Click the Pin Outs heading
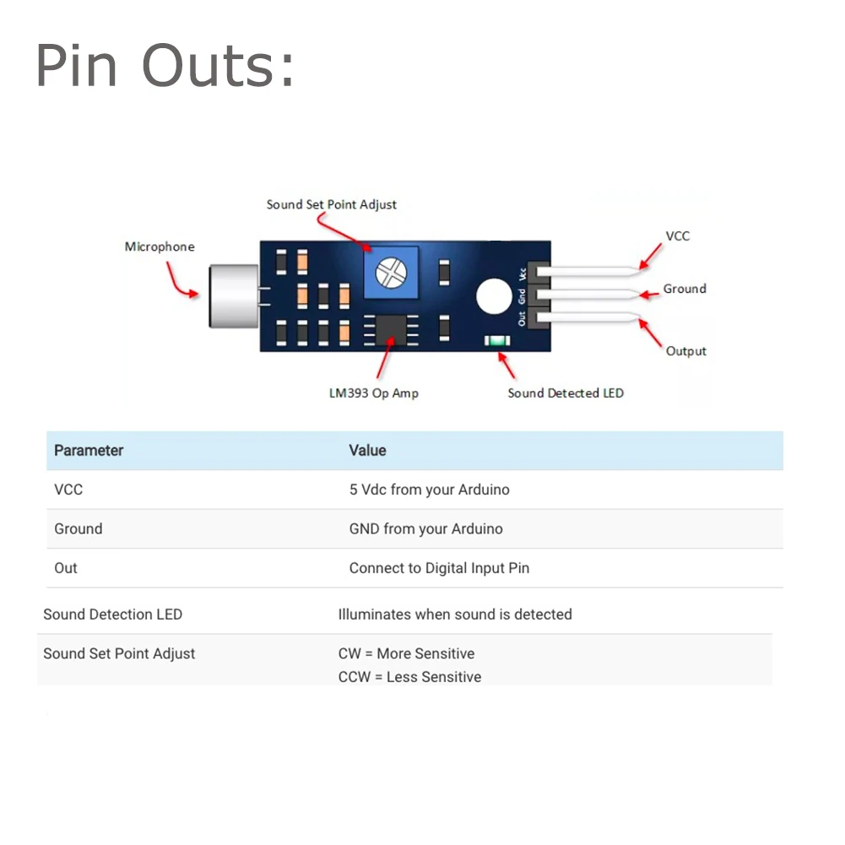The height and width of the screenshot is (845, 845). point(165,66)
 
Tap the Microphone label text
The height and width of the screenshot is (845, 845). point(160,246)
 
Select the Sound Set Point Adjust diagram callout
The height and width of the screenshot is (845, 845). point(331,204)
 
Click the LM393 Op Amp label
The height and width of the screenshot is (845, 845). point(373,393)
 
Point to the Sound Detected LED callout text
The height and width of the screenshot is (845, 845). point(566,393)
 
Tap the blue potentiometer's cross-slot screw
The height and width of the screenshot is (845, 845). point(390,270)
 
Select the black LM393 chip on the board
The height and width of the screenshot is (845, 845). point(391,328)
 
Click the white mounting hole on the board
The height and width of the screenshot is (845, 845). point(494,296)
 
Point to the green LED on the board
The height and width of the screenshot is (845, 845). point(496,341)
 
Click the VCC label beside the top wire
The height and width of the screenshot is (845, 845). point(678,236)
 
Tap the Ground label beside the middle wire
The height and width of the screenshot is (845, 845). point(685,289)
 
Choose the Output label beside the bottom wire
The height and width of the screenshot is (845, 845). point(686,351)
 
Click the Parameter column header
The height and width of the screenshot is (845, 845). point(89,451)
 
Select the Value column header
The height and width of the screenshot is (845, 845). point(367,451)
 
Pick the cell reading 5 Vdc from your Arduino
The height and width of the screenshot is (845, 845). point(429,490)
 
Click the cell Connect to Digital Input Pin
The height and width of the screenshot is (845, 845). point(439,568)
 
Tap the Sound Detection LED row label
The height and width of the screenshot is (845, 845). point(112,615)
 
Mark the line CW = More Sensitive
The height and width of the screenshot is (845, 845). point(406,653)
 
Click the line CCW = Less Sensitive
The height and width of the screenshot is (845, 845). point(409,677)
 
